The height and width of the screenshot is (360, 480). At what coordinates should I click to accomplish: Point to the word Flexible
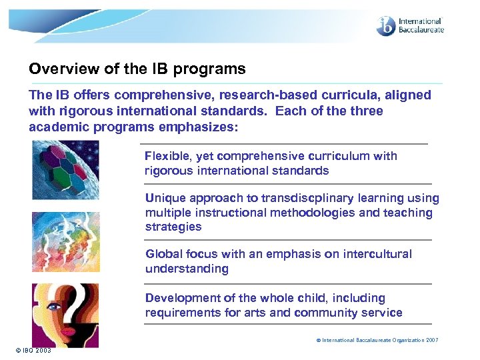pos(167,156)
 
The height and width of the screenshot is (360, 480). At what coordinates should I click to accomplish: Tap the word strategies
pos(173,227)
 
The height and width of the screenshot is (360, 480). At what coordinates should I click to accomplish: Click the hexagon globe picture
pos(65,170)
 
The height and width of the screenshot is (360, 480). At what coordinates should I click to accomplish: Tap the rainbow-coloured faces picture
pos(65,241)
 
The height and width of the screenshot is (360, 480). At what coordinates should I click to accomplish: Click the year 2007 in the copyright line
pos(431,340)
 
